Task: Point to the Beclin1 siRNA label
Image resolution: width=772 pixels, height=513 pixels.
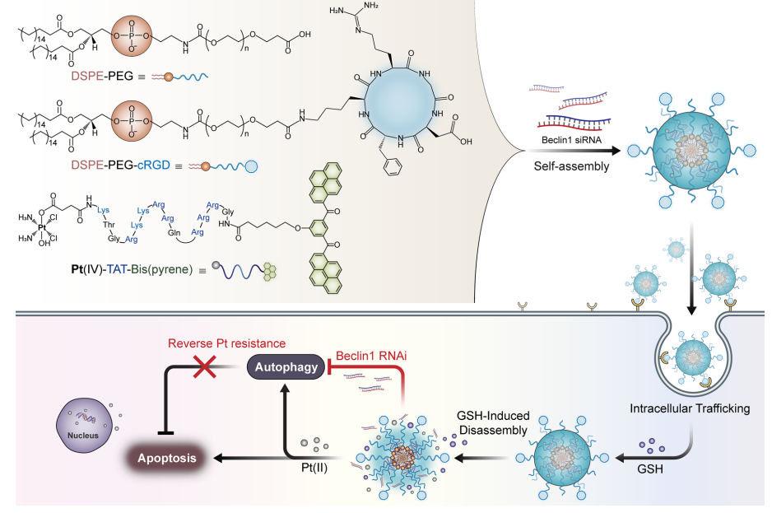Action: (573, 138)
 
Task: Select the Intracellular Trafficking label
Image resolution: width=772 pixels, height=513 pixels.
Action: (690, 408)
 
